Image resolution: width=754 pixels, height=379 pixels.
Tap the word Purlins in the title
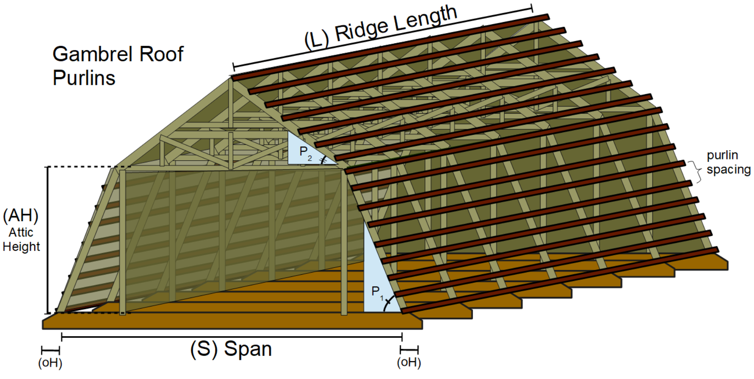84,78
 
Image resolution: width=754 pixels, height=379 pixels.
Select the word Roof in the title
161,54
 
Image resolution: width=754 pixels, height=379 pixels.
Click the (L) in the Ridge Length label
317,40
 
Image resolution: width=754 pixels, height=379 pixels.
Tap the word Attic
21,232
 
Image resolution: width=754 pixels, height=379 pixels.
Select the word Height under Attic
21,246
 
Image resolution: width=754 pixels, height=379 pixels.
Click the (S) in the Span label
204,349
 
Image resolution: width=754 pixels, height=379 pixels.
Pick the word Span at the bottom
248,349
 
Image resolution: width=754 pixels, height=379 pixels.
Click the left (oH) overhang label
50,363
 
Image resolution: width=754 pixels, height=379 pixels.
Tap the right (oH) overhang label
409,362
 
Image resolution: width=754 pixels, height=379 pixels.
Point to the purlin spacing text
728,162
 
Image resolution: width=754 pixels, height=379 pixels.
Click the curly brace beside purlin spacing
693,171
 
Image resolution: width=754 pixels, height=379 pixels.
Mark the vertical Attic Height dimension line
48,240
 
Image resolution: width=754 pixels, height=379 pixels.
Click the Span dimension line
232,337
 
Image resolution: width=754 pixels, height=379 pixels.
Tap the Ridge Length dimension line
382,37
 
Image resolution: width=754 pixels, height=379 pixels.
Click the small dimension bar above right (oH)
409,350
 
